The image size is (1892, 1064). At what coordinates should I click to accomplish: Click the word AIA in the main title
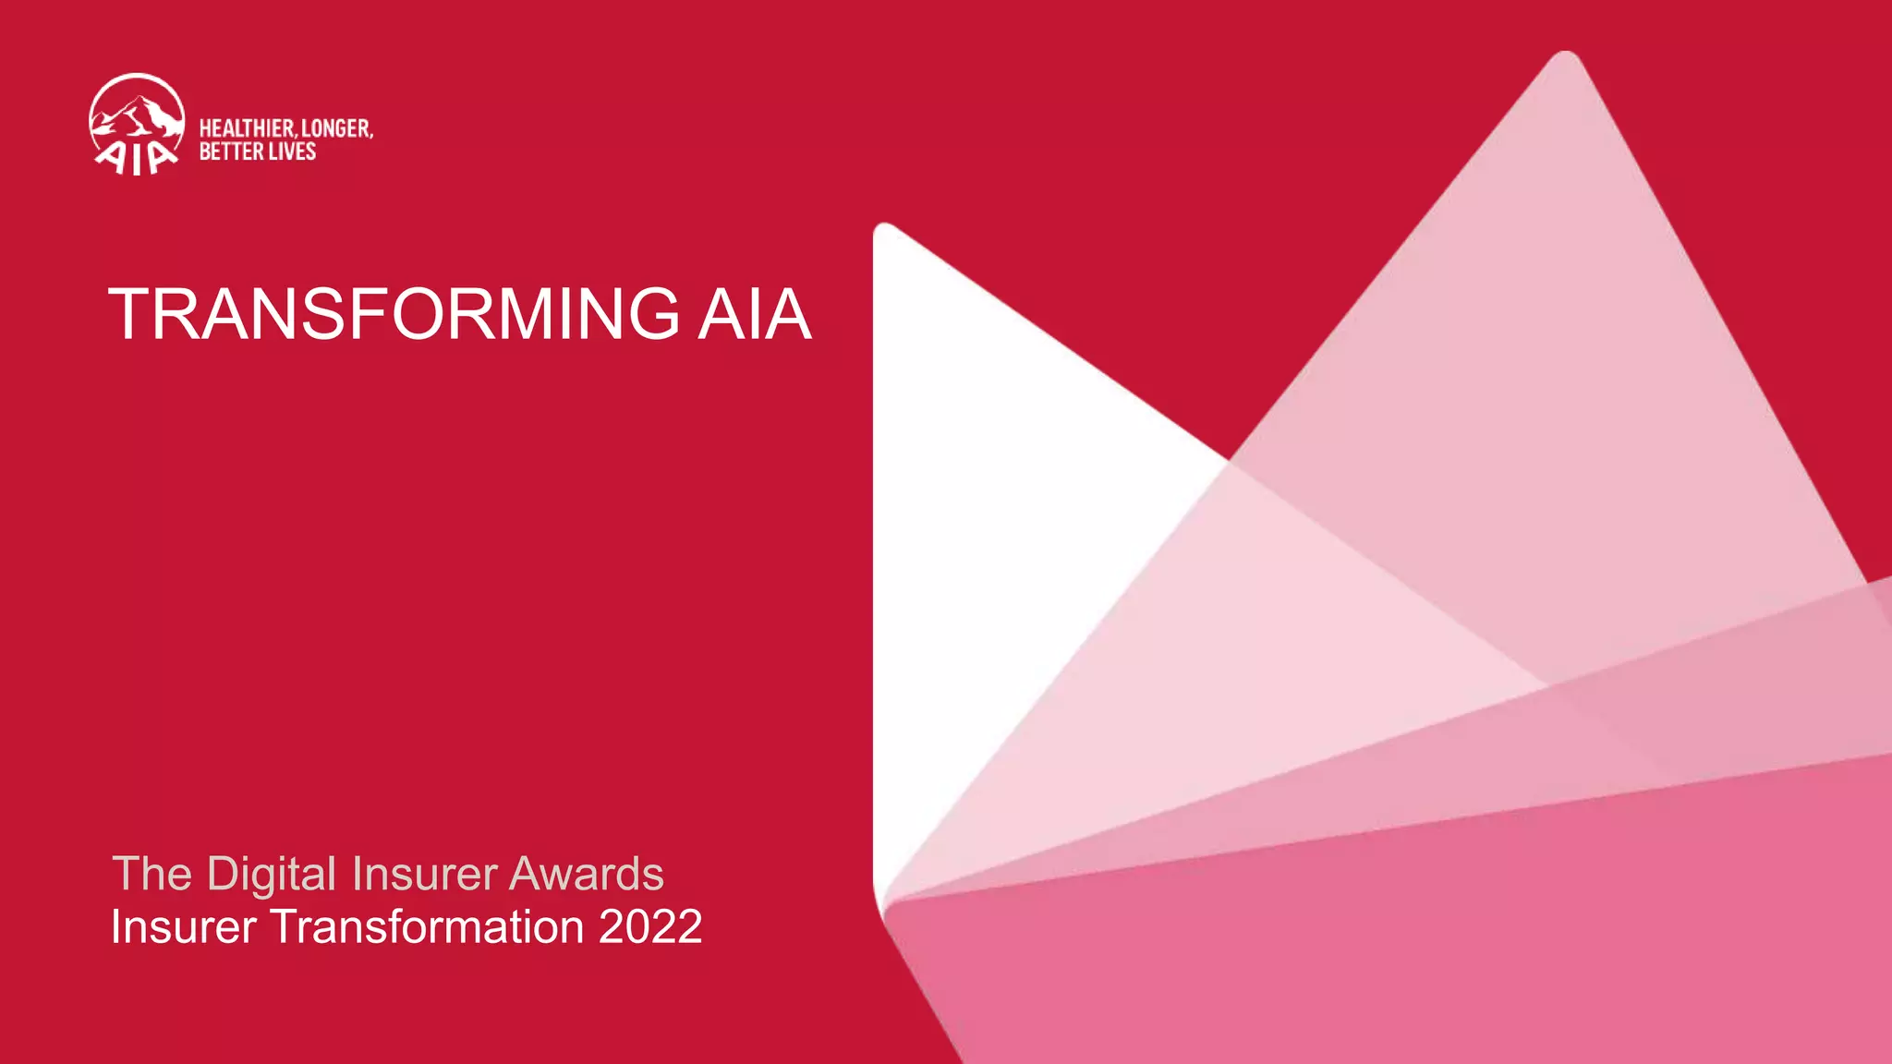pyautogui.click(x=754, y=315)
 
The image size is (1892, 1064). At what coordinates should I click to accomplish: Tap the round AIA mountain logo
pyautogui.click(x=137, y=125)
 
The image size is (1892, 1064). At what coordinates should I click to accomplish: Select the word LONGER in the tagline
pyautogui.click(x=337, y=128)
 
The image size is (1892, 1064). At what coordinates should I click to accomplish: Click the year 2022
pyautogui.click(x=650, y=927)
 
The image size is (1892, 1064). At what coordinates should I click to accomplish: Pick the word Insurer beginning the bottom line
pyautogui.click(x=183, y=927)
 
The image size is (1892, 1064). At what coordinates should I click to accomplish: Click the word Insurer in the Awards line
pyautogui.click(x=424, y=874)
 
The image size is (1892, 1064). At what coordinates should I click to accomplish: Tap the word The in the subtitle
pyautogui.click(x=152, y=874)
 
